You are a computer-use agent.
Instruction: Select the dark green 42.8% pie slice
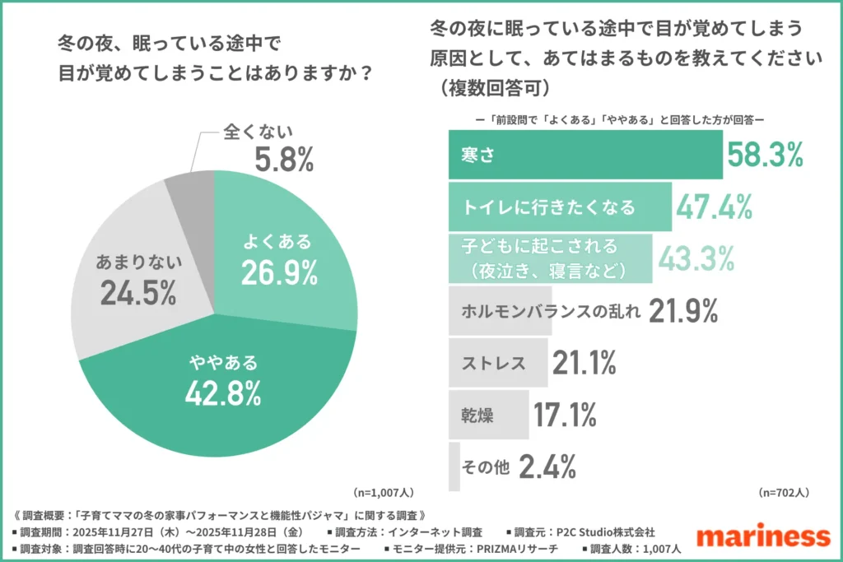tap(222, 379)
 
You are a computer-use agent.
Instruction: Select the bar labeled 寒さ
tap(585, 155)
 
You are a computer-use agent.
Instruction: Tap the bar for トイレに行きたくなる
tap(560, 207)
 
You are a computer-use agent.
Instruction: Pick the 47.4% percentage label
tap(715, 207)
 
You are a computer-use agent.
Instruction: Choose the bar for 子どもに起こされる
tap(550, 258)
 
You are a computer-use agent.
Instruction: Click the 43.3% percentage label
tap(696, 258)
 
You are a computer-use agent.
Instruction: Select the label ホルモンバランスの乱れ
tap(547, 310)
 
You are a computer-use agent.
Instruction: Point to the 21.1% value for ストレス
tap(585, 362)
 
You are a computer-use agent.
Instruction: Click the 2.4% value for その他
tap(548, 467)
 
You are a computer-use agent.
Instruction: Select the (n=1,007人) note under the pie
tap(384, 493)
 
